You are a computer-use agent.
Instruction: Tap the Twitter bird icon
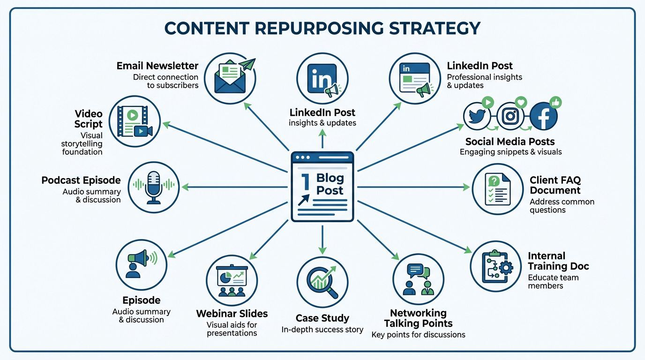tap(476, 116)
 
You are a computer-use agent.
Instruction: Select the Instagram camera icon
tap(510, 116)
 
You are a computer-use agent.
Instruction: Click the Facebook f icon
tap(543, 116)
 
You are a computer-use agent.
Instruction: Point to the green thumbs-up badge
tap(555, 102)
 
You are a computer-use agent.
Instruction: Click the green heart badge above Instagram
tap(521, 102)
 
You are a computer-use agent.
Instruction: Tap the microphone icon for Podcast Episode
tap(154, 186)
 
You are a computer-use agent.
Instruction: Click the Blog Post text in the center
tap(330, 184)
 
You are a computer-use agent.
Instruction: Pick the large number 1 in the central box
tap(304, 181)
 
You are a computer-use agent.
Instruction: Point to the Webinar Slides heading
tap(232, 313)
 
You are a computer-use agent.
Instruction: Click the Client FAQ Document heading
tap(555, 185)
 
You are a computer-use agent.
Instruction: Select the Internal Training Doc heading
tap(558, 261)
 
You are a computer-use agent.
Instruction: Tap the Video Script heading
tap(88, 119)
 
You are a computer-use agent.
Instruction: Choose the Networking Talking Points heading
tap(418, 318)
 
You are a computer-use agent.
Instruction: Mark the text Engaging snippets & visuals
tap(510, 152)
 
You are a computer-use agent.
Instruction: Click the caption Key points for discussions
tap(418, 335)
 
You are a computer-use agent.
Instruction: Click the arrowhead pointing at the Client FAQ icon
tap(466, 187)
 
